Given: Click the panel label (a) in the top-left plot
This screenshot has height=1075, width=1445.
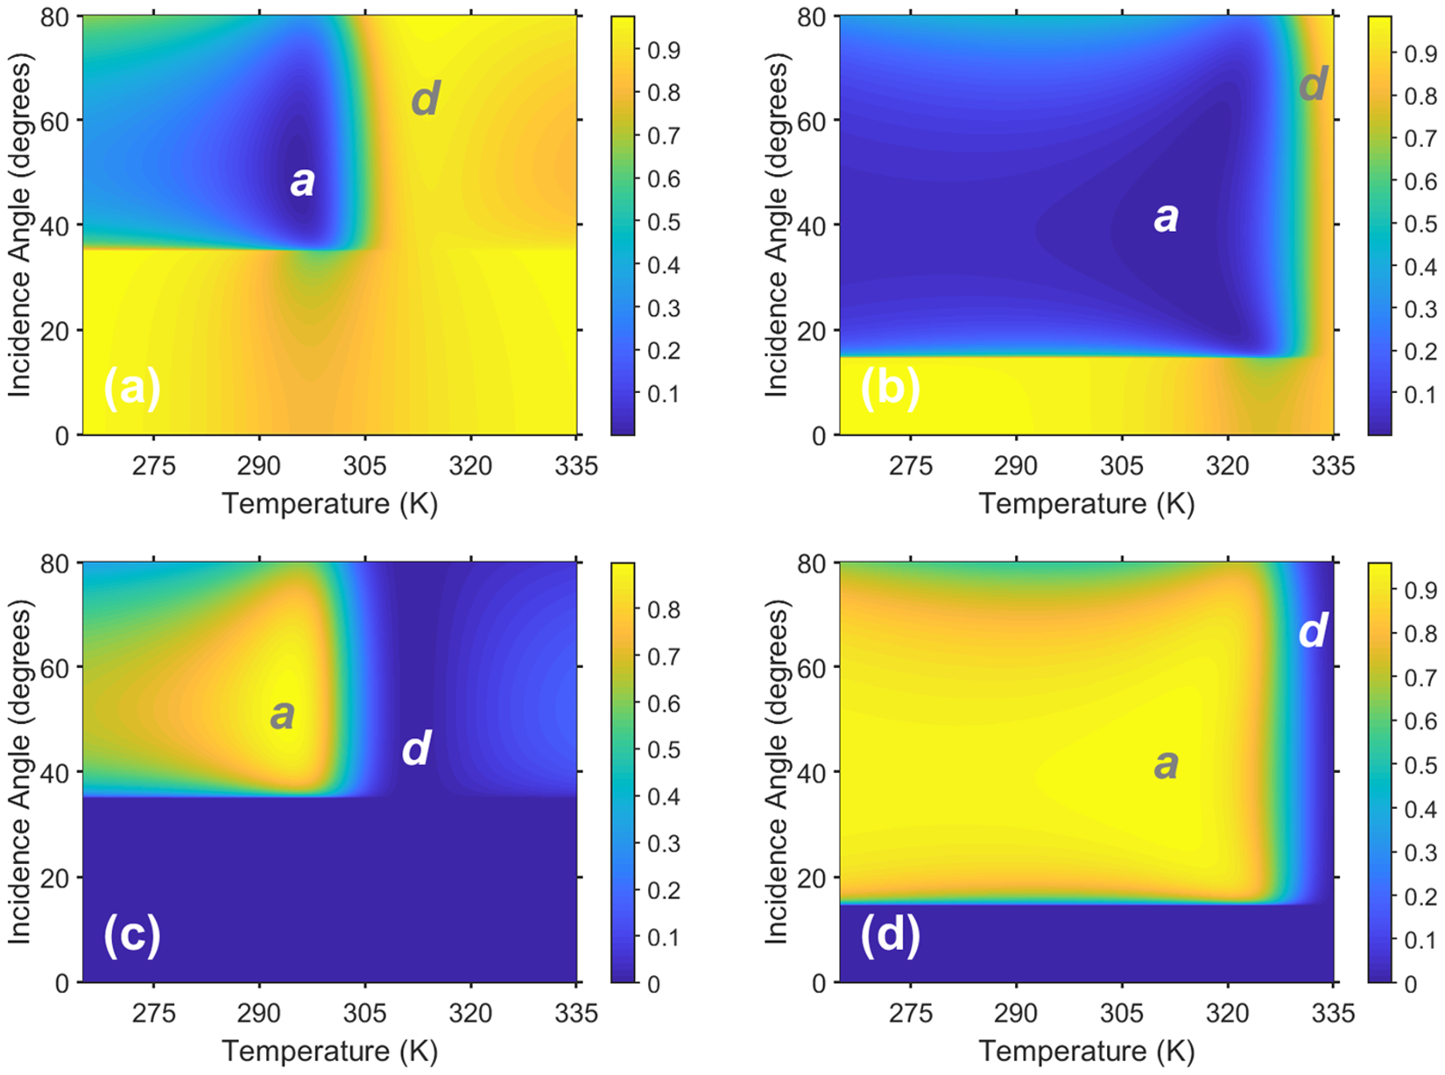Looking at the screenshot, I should coord(131,388).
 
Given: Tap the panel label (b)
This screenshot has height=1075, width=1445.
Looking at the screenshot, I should coord(889,388).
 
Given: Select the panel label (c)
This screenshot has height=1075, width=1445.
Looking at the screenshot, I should coord(131,935).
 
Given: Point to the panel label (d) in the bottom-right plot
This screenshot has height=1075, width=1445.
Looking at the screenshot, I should coord(889,935).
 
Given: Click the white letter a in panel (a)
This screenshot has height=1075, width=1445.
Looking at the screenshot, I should coord(302,181).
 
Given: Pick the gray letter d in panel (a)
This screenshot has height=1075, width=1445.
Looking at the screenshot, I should coord(425,99).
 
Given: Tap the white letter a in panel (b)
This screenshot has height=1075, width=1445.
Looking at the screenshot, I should coord(1166,216).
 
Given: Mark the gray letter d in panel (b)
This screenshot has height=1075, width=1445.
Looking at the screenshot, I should coord(1313,84).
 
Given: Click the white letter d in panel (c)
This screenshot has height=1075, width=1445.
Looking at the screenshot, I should coord(416,749).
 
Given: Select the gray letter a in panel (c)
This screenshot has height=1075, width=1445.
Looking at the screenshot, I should coord(282,714).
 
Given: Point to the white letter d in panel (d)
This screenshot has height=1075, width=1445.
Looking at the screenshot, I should coord(1313,630).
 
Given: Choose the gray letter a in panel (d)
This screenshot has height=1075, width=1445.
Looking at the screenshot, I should coord(1166,764).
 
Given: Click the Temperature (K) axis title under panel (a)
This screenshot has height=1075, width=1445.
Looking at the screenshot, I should coord(329,503).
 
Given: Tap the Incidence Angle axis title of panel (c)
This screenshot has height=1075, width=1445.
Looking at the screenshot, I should coord(19,772).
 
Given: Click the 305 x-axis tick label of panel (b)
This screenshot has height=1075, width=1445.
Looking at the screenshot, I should coord(1122,465).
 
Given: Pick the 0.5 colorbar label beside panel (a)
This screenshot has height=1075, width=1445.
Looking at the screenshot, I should coord(663,222).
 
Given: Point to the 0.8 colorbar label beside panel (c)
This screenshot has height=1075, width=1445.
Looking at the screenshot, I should coord(663,610).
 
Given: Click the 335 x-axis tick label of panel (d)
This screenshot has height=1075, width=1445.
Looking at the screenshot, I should coord(1334,1013).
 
